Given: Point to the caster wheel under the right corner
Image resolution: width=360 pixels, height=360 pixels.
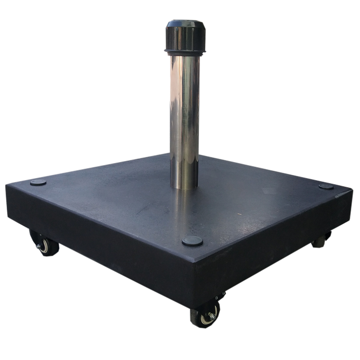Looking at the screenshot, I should (322, 239).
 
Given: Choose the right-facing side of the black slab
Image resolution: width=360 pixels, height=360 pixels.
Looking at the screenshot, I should (278, 247).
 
